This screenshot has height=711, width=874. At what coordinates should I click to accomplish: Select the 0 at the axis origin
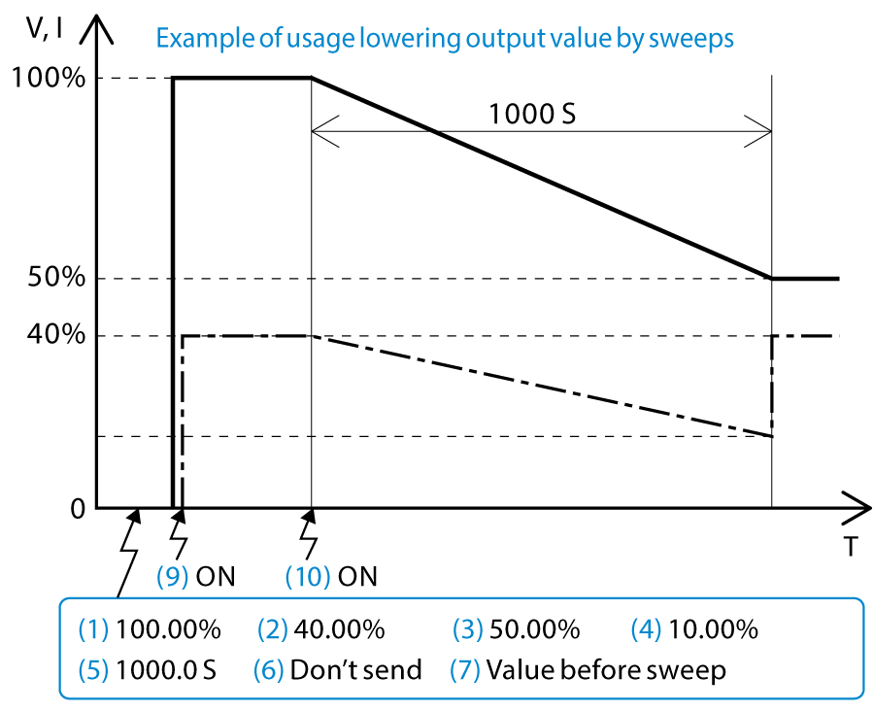click(x=78, y=508)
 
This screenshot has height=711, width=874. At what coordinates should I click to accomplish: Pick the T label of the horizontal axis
click(x=850, y=547)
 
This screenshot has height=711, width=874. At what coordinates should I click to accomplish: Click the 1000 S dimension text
click(x=532, y=114)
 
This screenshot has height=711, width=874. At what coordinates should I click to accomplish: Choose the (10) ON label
click(x=331, y=576)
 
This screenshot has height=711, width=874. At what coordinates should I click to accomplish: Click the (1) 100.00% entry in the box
click(x=150, y=629)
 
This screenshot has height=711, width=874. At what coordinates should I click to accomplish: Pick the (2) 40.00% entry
click(x=321, y=629)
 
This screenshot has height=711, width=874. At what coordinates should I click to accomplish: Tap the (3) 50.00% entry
click(x=517, y=629)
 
